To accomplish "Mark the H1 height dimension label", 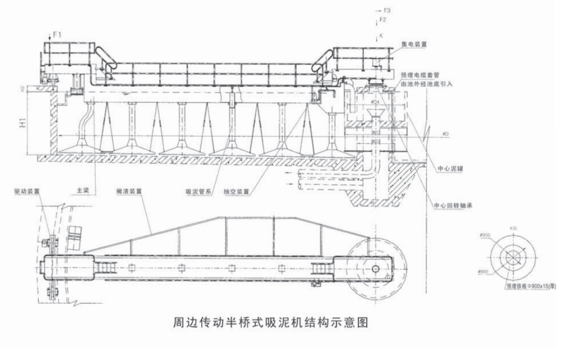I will [24, 123].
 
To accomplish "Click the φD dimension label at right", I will [446, 134].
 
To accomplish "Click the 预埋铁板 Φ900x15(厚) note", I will [530, 285].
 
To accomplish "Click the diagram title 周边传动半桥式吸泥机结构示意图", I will [271, 321].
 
